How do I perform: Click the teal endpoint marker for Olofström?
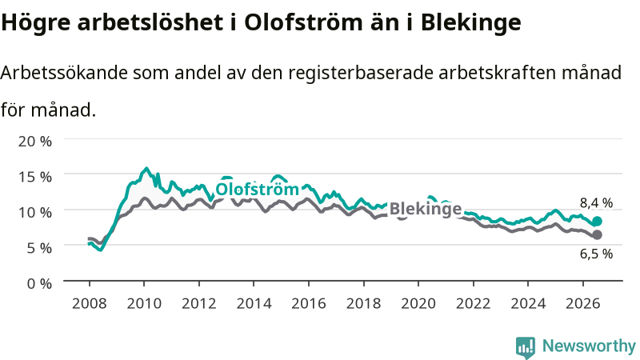(597, 222)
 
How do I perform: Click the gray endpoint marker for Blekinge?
(597, 234)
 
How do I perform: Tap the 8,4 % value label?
(596, 203)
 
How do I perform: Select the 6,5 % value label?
(596, 254)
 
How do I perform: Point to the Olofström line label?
(257, 190)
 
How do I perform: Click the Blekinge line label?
(426, 209)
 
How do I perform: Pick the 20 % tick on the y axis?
(35, 142)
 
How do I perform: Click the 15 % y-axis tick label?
(35, 177)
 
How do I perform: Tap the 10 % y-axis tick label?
(35, 212)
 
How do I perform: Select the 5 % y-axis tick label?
(39, 248)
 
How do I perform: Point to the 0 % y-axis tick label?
(39, 283)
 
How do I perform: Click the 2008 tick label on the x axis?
(90, 304)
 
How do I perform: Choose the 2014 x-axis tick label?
(254, 304)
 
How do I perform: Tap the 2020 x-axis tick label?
(418, 304)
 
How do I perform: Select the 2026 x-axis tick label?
(583, 304)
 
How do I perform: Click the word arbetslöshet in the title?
(150, 22)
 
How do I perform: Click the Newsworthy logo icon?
(526, 347)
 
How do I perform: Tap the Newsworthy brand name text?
(589, 346)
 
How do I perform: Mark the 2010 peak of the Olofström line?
(146, 168)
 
